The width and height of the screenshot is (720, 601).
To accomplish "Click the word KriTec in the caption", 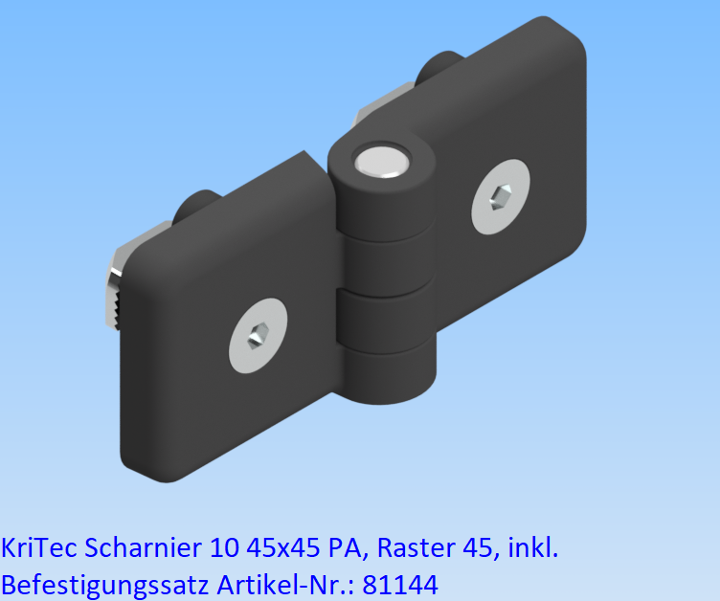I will tap(39, 548).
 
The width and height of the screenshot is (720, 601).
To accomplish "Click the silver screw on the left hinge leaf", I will tap(258, 336).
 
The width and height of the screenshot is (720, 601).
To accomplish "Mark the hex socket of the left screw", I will tap(258, 337).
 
